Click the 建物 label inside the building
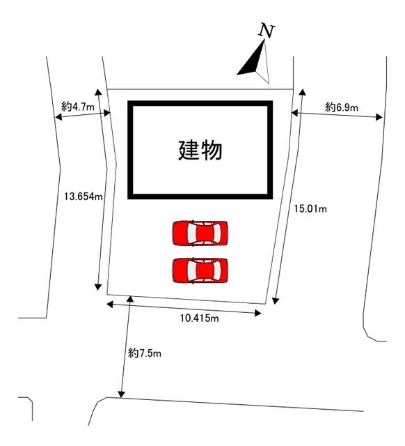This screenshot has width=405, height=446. click(200, 151)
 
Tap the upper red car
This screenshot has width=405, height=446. click(200, 233)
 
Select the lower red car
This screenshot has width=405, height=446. click(200, 270)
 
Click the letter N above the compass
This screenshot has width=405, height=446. click(267, 31)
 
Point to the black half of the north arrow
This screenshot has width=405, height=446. click(252, 62)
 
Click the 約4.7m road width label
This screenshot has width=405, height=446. click(78, 107)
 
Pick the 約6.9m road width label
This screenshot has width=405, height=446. click(342, 107)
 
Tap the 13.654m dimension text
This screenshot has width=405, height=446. click(84, 197)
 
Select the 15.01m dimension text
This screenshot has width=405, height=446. click(310, 209)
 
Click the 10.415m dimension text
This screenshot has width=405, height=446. click(200, 318)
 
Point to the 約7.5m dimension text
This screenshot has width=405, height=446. click(145, 353)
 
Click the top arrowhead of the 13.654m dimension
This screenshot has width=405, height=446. click(98, 91)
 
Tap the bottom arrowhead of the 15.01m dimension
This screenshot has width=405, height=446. click(275, 301)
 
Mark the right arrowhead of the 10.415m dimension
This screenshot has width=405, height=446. click(258, 314)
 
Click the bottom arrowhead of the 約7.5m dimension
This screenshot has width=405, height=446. click(122, 395)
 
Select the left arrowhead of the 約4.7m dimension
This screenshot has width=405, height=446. click(58, 116)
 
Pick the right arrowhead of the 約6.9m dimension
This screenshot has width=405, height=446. click(379, 117)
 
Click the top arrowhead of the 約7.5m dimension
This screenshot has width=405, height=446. click(130, 298)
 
